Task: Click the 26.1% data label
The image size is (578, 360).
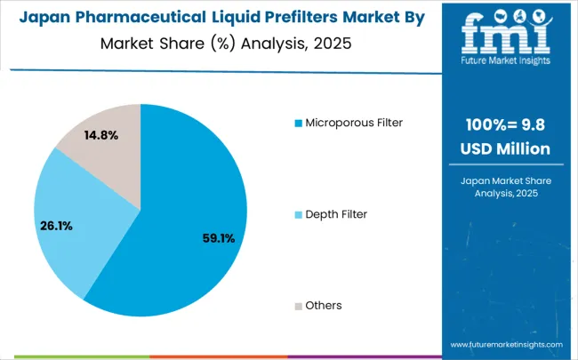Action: point(56,226)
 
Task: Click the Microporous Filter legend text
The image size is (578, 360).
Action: point(355,121)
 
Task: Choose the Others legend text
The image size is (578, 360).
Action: point(324,305)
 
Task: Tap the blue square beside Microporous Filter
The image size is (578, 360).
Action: point(298,122)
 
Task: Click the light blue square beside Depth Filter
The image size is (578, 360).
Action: point(298,213)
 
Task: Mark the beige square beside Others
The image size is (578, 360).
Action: point(298,305)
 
